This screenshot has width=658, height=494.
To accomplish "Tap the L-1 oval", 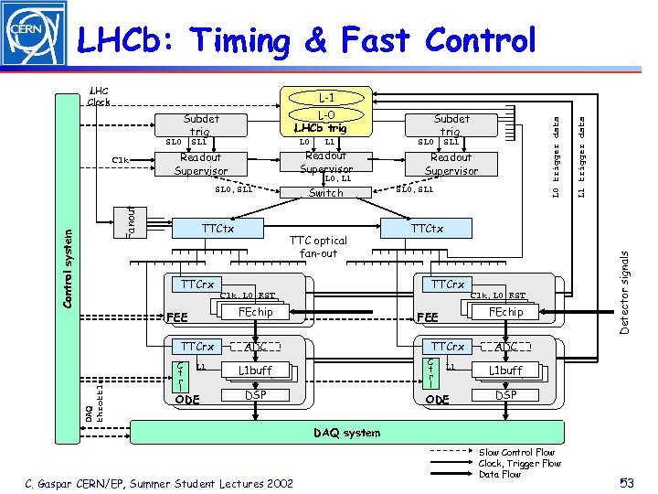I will [x=326, y=96].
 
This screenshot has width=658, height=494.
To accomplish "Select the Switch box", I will [x=326, y=193].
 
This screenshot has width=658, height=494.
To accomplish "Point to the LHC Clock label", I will [x=99, y=96].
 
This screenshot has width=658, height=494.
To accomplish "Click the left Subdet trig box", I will [x=201, y=124].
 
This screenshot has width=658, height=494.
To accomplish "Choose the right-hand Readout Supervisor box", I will [x=451, y=164].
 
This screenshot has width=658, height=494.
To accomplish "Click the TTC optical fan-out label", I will [x=313, y=247].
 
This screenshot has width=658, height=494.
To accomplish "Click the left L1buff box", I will [x=255, y=370].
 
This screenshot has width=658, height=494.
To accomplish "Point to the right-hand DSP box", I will [x=505, y=394].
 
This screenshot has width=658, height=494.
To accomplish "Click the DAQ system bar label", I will [x=347, y=433].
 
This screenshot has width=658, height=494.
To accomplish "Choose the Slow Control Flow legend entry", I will [x=516, y=453].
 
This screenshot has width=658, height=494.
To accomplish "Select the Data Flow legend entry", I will [x=500, y=475].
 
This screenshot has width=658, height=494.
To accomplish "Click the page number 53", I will [x=628, y=482].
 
